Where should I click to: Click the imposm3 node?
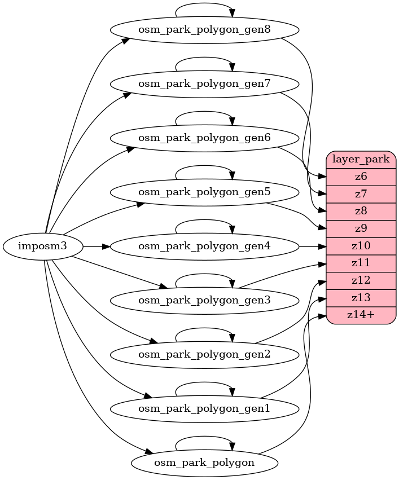43,246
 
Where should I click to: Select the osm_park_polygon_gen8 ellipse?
204,30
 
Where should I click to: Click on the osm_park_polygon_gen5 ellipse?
204,192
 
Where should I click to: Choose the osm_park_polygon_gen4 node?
204,246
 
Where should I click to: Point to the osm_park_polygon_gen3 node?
204,300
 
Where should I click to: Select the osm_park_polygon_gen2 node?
204,354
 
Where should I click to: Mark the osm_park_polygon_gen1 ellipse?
204,408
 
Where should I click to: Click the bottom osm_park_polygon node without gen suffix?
204,463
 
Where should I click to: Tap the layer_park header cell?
361,160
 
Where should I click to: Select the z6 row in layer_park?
361,177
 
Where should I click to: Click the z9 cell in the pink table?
361,229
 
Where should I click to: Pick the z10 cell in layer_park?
361,246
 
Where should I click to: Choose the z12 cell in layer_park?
361,281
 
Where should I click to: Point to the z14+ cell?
361,315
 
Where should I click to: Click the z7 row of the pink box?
361,194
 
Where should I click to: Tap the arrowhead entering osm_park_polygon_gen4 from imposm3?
106,246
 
